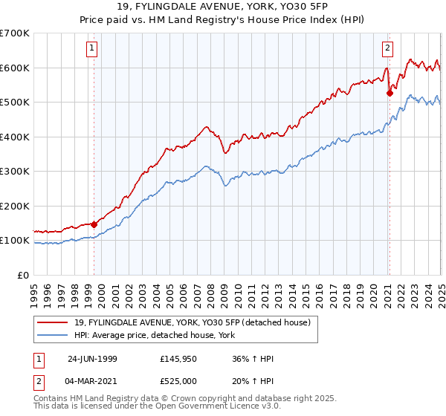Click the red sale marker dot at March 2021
tap(390, 94)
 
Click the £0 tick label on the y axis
tap(22, 275)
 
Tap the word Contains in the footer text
tap(52, 399)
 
